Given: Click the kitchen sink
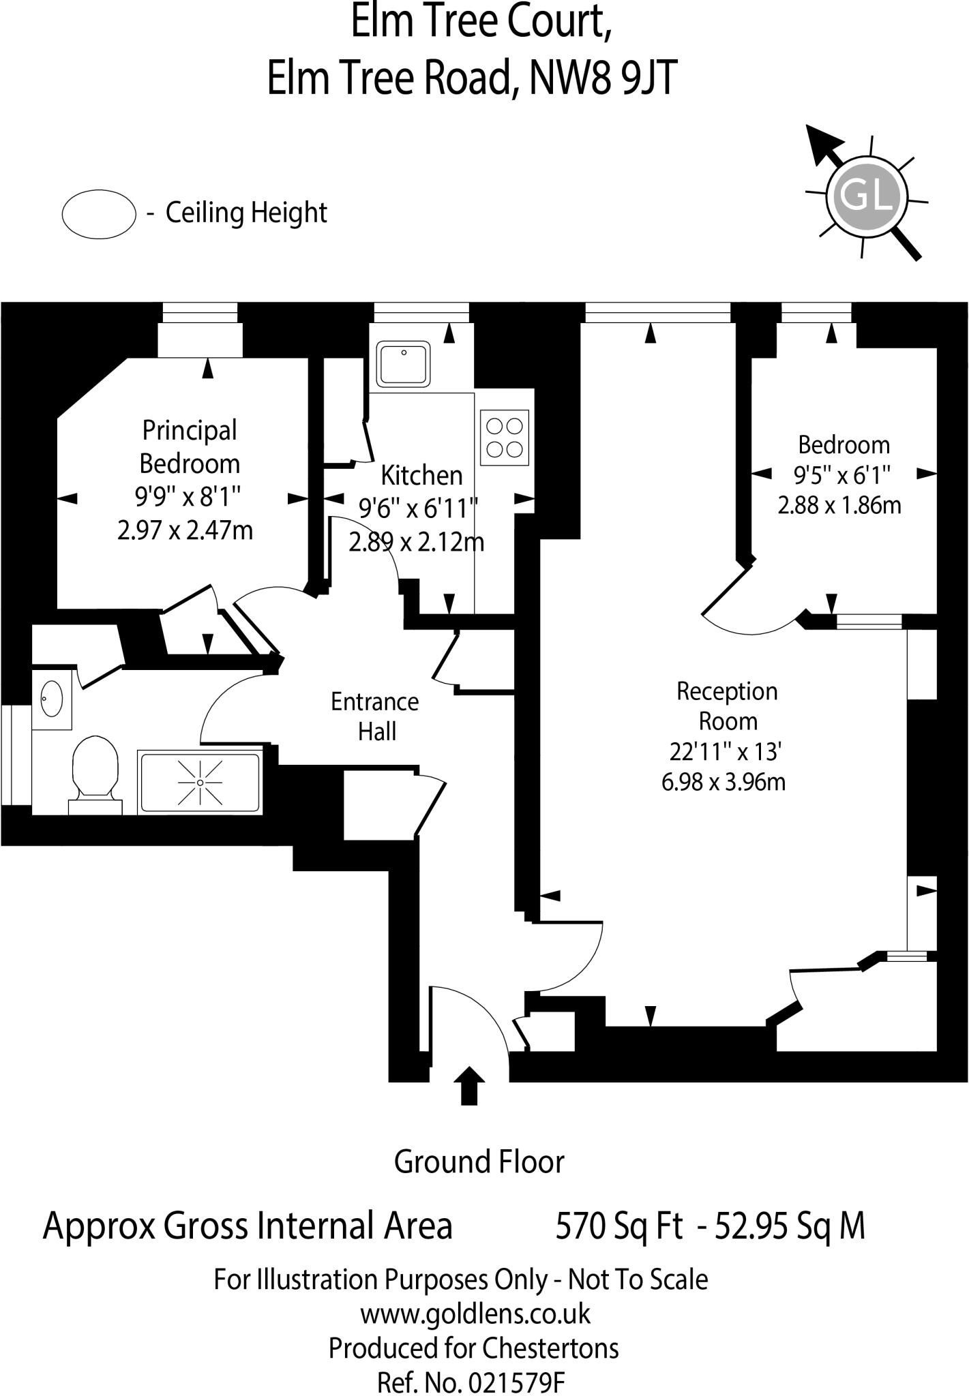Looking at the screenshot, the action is pyautogui.click(x=404, y=365).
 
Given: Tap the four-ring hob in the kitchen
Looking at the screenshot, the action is pyautogui.click(x=505, y=438).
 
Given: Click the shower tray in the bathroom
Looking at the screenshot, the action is pyautogui.click(x=200, y=783).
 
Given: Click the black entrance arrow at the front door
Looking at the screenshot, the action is pyautogui.click(x=468, y=1084).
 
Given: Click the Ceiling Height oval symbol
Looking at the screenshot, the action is pyautogui.click(x=99, y=214).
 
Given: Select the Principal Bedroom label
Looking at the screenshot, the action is pyautogui.click(x=190, y=446).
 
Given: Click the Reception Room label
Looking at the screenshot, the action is pyautogui.click(x=727, y=706).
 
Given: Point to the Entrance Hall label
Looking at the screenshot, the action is pyautogui.click(x=375, y=716).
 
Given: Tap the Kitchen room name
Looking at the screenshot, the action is pyautogui.click(x=421, y=475).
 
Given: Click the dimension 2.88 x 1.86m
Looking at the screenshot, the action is pyautogui.click(x=839, y=505).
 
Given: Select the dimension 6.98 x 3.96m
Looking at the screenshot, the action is pyautogui.click(x=724, y=781).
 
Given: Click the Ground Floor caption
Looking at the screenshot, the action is pyautogui.click(x=479, y=1162).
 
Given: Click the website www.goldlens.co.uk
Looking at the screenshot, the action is pyautogui.click(x=475, y=1314).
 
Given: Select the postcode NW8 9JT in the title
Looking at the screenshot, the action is pyautogui.click(x=603, y=78).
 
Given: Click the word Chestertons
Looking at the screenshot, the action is pyautogui.click(x=550, y=1348).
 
